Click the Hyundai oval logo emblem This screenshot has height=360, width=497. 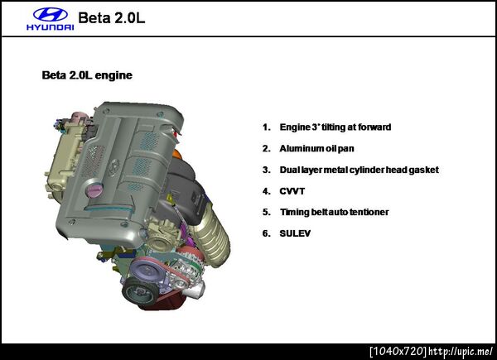pos(51,15)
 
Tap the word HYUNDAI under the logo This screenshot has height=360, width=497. pos(51,27)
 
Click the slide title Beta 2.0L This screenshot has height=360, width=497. pos(112,17)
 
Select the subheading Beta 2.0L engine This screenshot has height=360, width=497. pos(87,75)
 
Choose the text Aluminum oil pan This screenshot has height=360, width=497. pos(316,148)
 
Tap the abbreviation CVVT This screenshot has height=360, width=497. pos(292,191)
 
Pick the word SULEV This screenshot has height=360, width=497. pos(295,233)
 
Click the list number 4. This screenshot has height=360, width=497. pos(266,191)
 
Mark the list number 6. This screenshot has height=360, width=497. pos(266,233)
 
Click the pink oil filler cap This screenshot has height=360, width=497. pos(94,190)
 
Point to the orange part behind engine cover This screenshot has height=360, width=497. pos(177,156)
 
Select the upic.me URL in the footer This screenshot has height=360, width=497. pos(461,351)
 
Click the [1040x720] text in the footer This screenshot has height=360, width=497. pos(398,351)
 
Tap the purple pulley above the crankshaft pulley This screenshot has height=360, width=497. pos(146,270)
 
